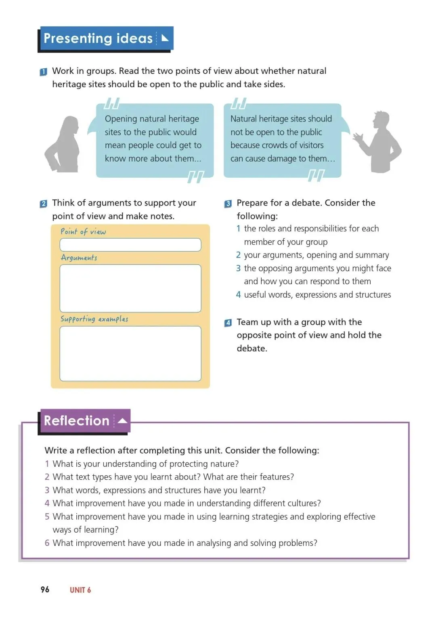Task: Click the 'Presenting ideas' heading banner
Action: click(x=106, y=38)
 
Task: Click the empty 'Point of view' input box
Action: click(x=130, y=245)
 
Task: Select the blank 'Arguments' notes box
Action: click(x=130, y=288)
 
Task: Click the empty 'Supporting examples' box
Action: click(x=130, y=353)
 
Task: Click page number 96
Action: click(x=45, y=590)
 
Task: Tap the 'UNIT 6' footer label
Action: click(x=80, y=590)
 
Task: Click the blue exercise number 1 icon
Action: click(x=44, y=72)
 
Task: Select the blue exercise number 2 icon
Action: click(x=44, y=204)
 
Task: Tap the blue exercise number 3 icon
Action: click(x=228, y=204)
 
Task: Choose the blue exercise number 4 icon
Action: click(x=228, y=323)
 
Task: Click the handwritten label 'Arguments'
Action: click(x=79, y=258)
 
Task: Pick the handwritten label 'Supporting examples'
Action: click(x=94, y=319)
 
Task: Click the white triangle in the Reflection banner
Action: click(x=123, y=421)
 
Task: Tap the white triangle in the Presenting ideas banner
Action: click(x=165, y=38)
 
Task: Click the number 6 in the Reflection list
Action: click(x=47, y=543)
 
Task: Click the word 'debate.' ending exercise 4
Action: click(x=252, y=348)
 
